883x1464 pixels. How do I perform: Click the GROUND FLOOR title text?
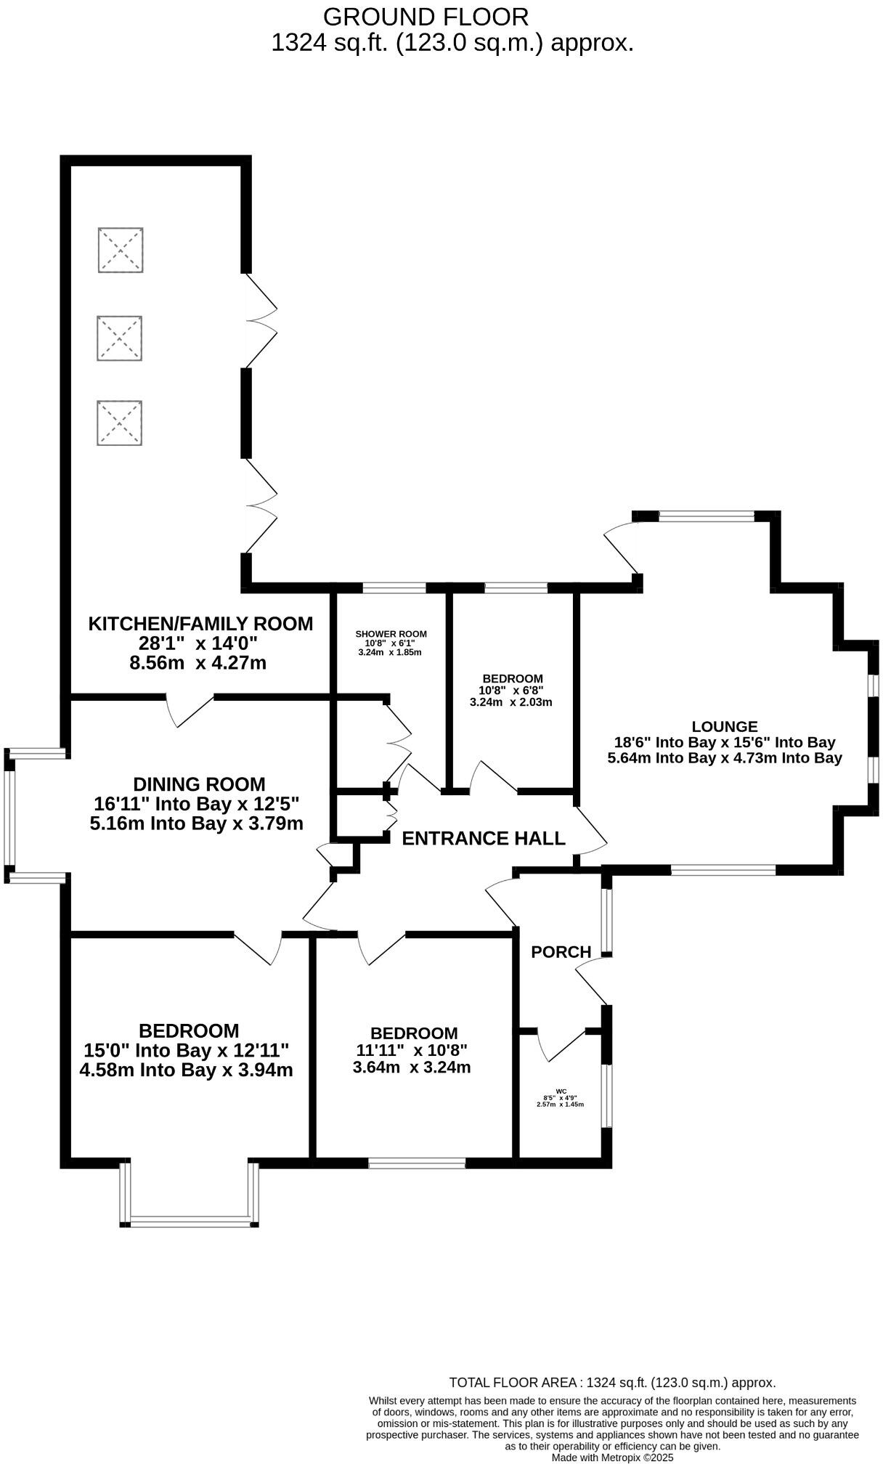click(426, 16)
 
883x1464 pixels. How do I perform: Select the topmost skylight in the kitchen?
click(121, 250)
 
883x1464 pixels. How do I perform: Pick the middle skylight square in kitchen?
click(120, 338)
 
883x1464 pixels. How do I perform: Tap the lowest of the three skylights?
click(120, 423)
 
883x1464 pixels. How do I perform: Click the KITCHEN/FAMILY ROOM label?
click(200, 623)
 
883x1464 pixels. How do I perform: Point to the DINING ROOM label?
click(199, 784)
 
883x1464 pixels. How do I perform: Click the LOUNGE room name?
click(724, 726)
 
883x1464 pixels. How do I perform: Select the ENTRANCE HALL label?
click(483, 839)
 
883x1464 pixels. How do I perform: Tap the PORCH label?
click(561, 951)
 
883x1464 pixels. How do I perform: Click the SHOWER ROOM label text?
click(391, 634)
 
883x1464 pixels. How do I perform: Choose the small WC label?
click(560, 1091)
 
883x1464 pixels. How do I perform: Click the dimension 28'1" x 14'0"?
click(198, 643)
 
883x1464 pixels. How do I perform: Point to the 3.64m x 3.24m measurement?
click(412, 1067)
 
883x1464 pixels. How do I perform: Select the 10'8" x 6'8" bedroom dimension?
click(510, 691)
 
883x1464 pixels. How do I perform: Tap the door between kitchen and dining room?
click(190, 710)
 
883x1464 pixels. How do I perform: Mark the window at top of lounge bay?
click(706, 516)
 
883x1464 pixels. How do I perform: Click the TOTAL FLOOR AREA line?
click(612, 1383)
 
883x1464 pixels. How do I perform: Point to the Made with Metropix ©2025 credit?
click(612, 1457)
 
